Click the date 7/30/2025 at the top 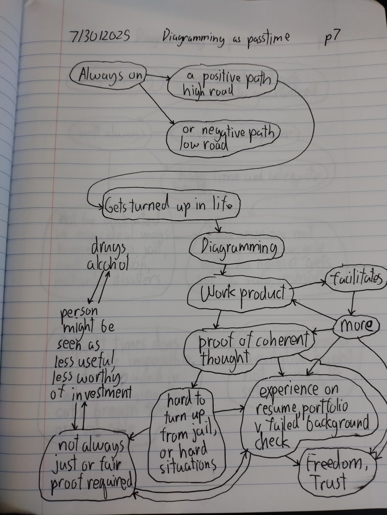point(100,36)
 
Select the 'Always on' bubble point(108,75)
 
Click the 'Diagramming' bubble point(236,248)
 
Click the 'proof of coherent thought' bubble point(249,349)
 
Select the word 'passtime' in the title point(268,38)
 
